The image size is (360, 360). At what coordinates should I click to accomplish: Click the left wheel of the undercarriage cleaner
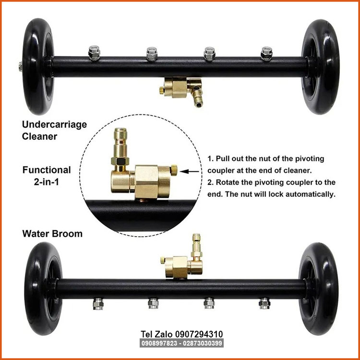pyautogui.click(x=37, y=67)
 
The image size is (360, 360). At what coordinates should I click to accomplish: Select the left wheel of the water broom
pyautogui.click(x=43, y=288)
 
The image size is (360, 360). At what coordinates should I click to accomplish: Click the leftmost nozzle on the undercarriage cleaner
pyautogui.click(x=94, y=53)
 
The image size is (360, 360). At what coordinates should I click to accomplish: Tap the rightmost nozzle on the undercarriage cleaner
pyautogui.click(x=266, y=54)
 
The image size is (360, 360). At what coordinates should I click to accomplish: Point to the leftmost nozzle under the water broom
pyautogui.click(x=98, y=304)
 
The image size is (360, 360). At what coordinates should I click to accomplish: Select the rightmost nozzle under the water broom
pyautogui.click(x=264, y=303)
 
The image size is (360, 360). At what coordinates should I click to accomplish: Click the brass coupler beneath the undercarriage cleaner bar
pyautogui.click(x=181, y=90)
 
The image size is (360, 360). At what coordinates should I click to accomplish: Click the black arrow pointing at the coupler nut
pyautogui.click(x=190, y=171)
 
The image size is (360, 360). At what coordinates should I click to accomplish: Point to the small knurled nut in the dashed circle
pyautogui.click(x=174, y=170)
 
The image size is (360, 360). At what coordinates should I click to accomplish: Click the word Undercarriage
pyautogui.click(x=54, y=125)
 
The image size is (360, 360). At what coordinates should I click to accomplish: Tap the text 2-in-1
pyautogui.click(x=47, y=182)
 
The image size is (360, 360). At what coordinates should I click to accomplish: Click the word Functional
pyautogui.click(x=47, y=170)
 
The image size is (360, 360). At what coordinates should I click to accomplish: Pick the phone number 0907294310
pyautogui.click(x=199, y=334)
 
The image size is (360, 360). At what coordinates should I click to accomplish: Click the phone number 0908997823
pyautogui.click(x=159, y=343)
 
